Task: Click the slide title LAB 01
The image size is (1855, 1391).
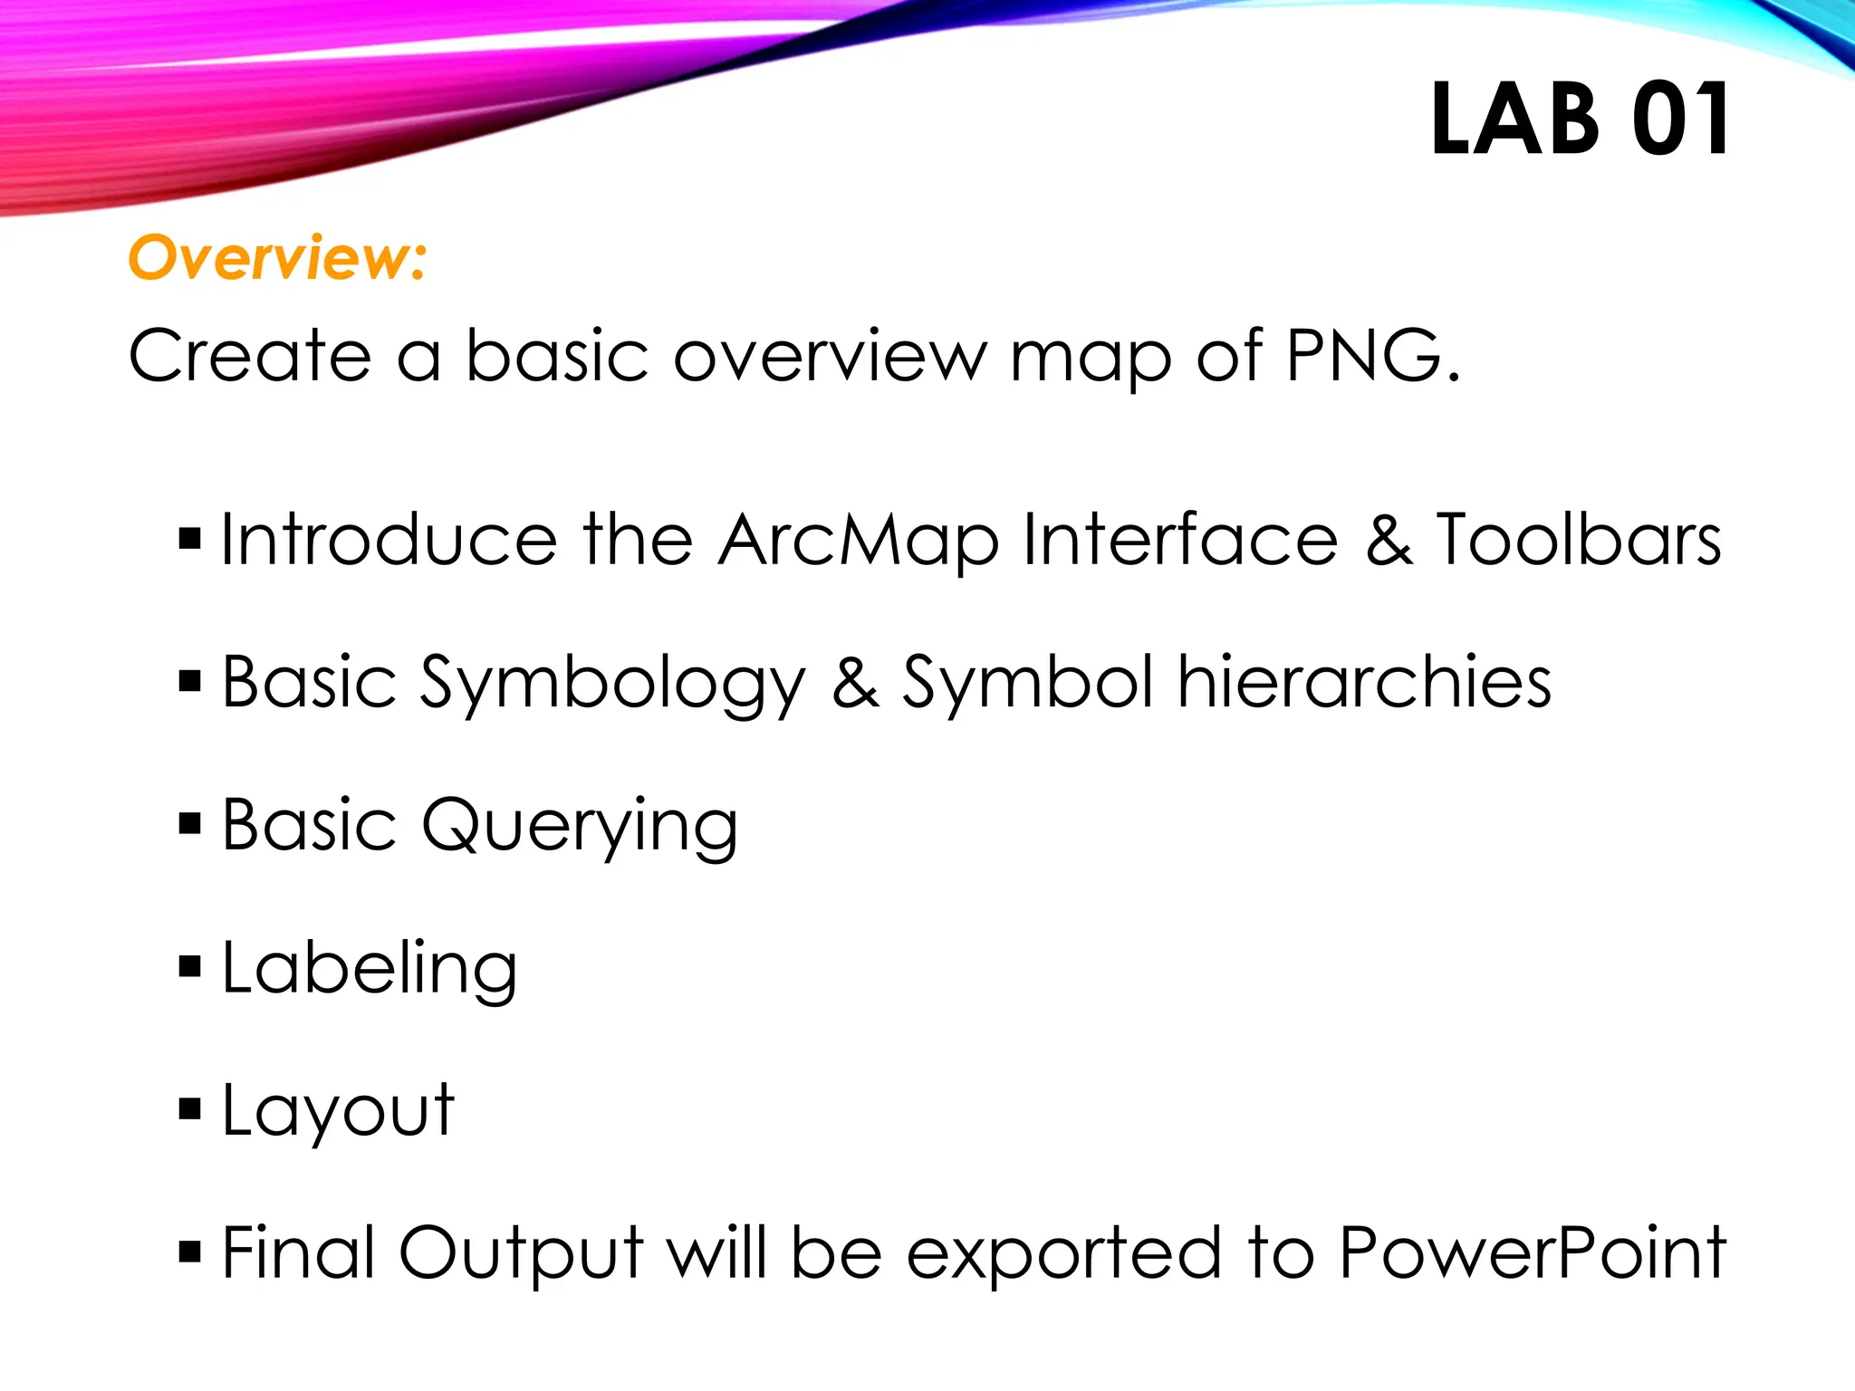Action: click(x=1580, y=120)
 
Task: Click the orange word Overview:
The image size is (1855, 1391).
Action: click(x=277, y=258)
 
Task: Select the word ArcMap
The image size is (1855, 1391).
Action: click(x=858, y=541)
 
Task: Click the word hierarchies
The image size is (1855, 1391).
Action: click(x=1364, y=682)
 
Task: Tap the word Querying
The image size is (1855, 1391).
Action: click(x=580, y=827)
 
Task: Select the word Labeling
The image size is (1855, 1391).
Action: click(x=370, y=969)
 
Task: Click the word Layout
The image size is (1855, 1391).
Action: click(x=338, y=1112)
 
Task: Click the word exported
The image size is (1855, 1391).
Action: click(x=1064, y=1255)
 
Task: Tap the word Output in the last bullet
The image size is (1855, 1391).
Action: click(x=521, y=1255)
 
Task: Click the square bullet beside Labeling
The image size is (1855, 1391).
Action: click(x=189, y=967)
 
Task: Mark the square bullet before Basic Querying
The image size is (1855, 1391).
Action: click(x=189, y=824)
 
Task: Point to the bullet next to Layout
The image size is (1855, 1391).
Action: click(x=189, y=1109)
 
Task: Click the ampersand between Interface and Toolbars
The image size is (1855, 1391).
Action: click(x=1389, y=540)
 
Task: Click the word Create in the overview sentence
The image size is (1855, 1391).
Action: click(x=250, y=355)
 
